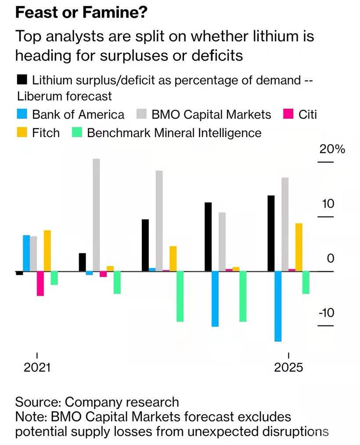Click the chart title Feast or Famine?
(81, 13)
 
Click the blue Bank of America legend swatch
(22, 115)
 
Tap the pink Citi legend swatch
(288, 115)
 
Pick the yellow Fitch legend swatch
(22, 133)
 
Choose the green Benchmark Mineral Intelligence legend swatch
(76, 133)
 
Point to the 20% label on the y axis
(332, 149)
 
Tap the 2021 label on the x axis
(37, 367)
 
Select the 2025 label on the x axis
(288, 367)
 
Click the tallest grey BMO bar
(96, 215)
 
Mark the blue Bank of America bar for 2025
(277, 306)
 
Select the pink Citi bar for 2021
(40, 283)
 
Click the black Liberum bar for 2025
(271, 233)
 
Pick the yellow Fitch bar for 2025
(299, 247)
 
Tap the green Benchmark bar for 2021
(54, 278)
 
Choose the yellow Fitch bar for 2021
(47, 251)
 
